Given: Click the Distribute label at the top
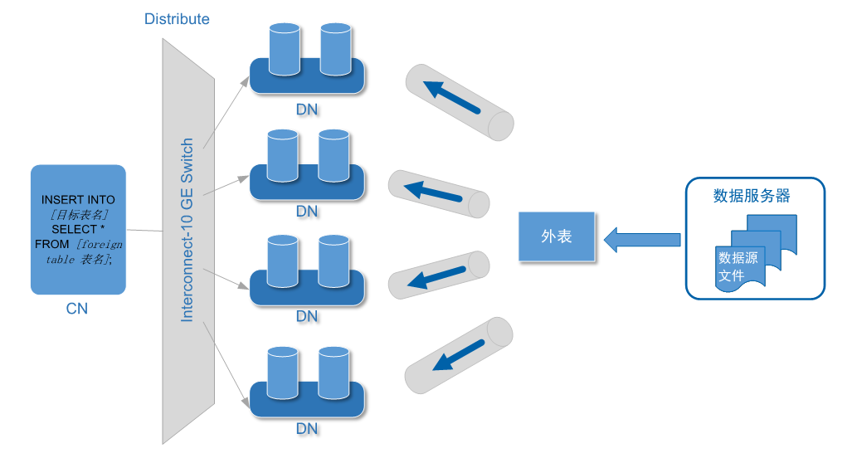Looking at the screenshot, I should point(177,18).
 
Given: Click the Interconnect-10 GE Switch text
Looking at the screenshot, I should point(187,230).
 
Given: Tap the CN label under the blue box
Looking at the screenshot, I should point(77,309).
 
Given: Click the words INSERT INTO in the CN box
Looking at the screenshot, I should point(78,200).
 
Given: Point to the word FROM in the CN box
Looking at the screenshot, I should point(52,244).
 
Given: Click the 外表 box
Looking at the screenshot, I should point(558,236).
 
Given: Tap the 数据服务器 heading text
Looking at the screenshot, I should point(751,196).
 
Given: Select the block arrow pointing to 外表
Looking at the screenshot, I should point(642,240).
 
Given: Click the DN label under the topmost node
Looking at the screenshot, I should point(307,109).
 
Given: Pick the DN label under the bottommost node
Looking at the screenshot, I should point(307,429).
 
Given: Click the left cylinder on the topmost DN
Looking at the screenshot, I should point(284,50).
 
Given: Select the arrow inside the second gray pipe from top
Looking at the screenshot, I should point(433,192).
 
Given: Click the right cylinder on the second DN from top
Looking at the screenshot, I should point(334,155).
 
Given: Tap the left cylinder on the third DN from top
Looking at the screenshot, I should point(284,262).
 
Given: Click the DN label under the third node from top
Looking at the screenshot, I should point(307,315).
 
